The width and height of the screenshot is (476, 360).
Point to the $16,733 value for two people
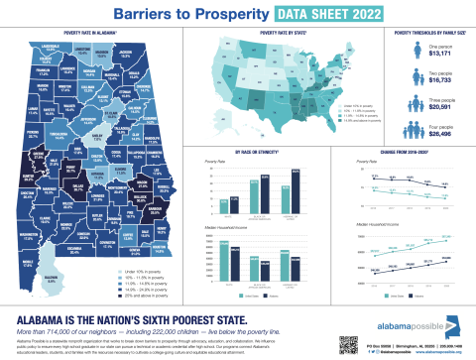438,86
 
